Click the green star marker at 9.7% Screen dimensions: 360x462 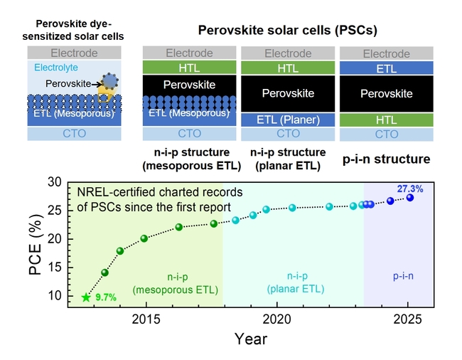(86, 297)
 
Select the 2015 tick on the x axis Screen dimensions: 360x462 (145, 319)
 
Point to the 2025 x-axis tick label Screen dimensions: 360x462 (408, 319)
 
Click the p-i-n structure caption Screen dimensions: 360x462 (387, 159)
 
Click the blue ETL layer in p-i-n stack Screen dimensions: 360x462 (387, 69)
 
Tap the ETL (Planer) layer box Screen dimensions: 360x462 (288, 120)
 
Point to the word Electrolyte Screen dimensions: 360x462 (53, 67)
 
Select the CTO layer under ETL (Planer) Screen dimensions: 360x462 (288, 134)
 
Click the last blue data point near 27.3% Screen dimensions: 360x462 (410, 198)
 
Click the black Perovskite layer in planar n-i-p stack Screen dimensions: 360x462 (288, 93)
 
